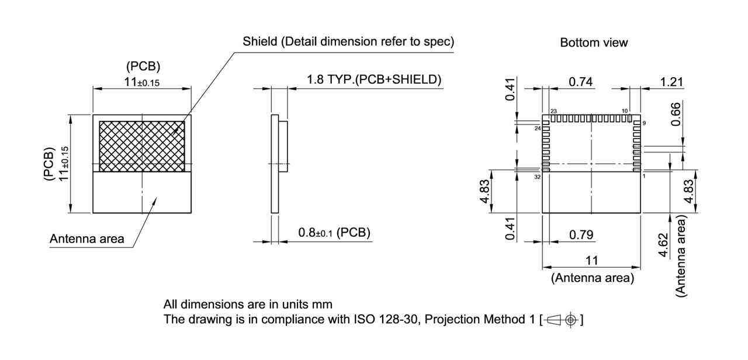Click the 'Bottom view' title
[x=594, y=43]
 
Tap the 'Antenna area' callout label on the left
[x=86, y=238]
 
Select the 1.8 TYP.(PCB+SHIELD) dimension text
[x=374, y=79]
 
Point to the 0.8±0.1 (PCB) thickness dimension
[x=334, y=233]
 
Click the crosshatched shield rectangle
[x=142, y=146]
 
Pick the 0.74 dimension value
[x=581, y=82]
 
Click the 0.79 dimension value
[x=581, y=234]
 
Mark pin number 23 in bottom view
[x=553, y=110]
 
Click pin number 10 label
[x=625, y=110]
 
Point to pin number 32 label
[x=537, y=176]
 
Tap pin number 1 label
[x=643, y=176]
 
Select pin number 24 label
[x=537, y=128]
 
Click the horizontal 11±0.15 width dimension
[x=141, y=82]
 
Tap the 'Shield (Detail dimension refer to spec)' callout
[x=348, y=42]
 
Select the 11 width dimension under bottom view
[x=592, y=261]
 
